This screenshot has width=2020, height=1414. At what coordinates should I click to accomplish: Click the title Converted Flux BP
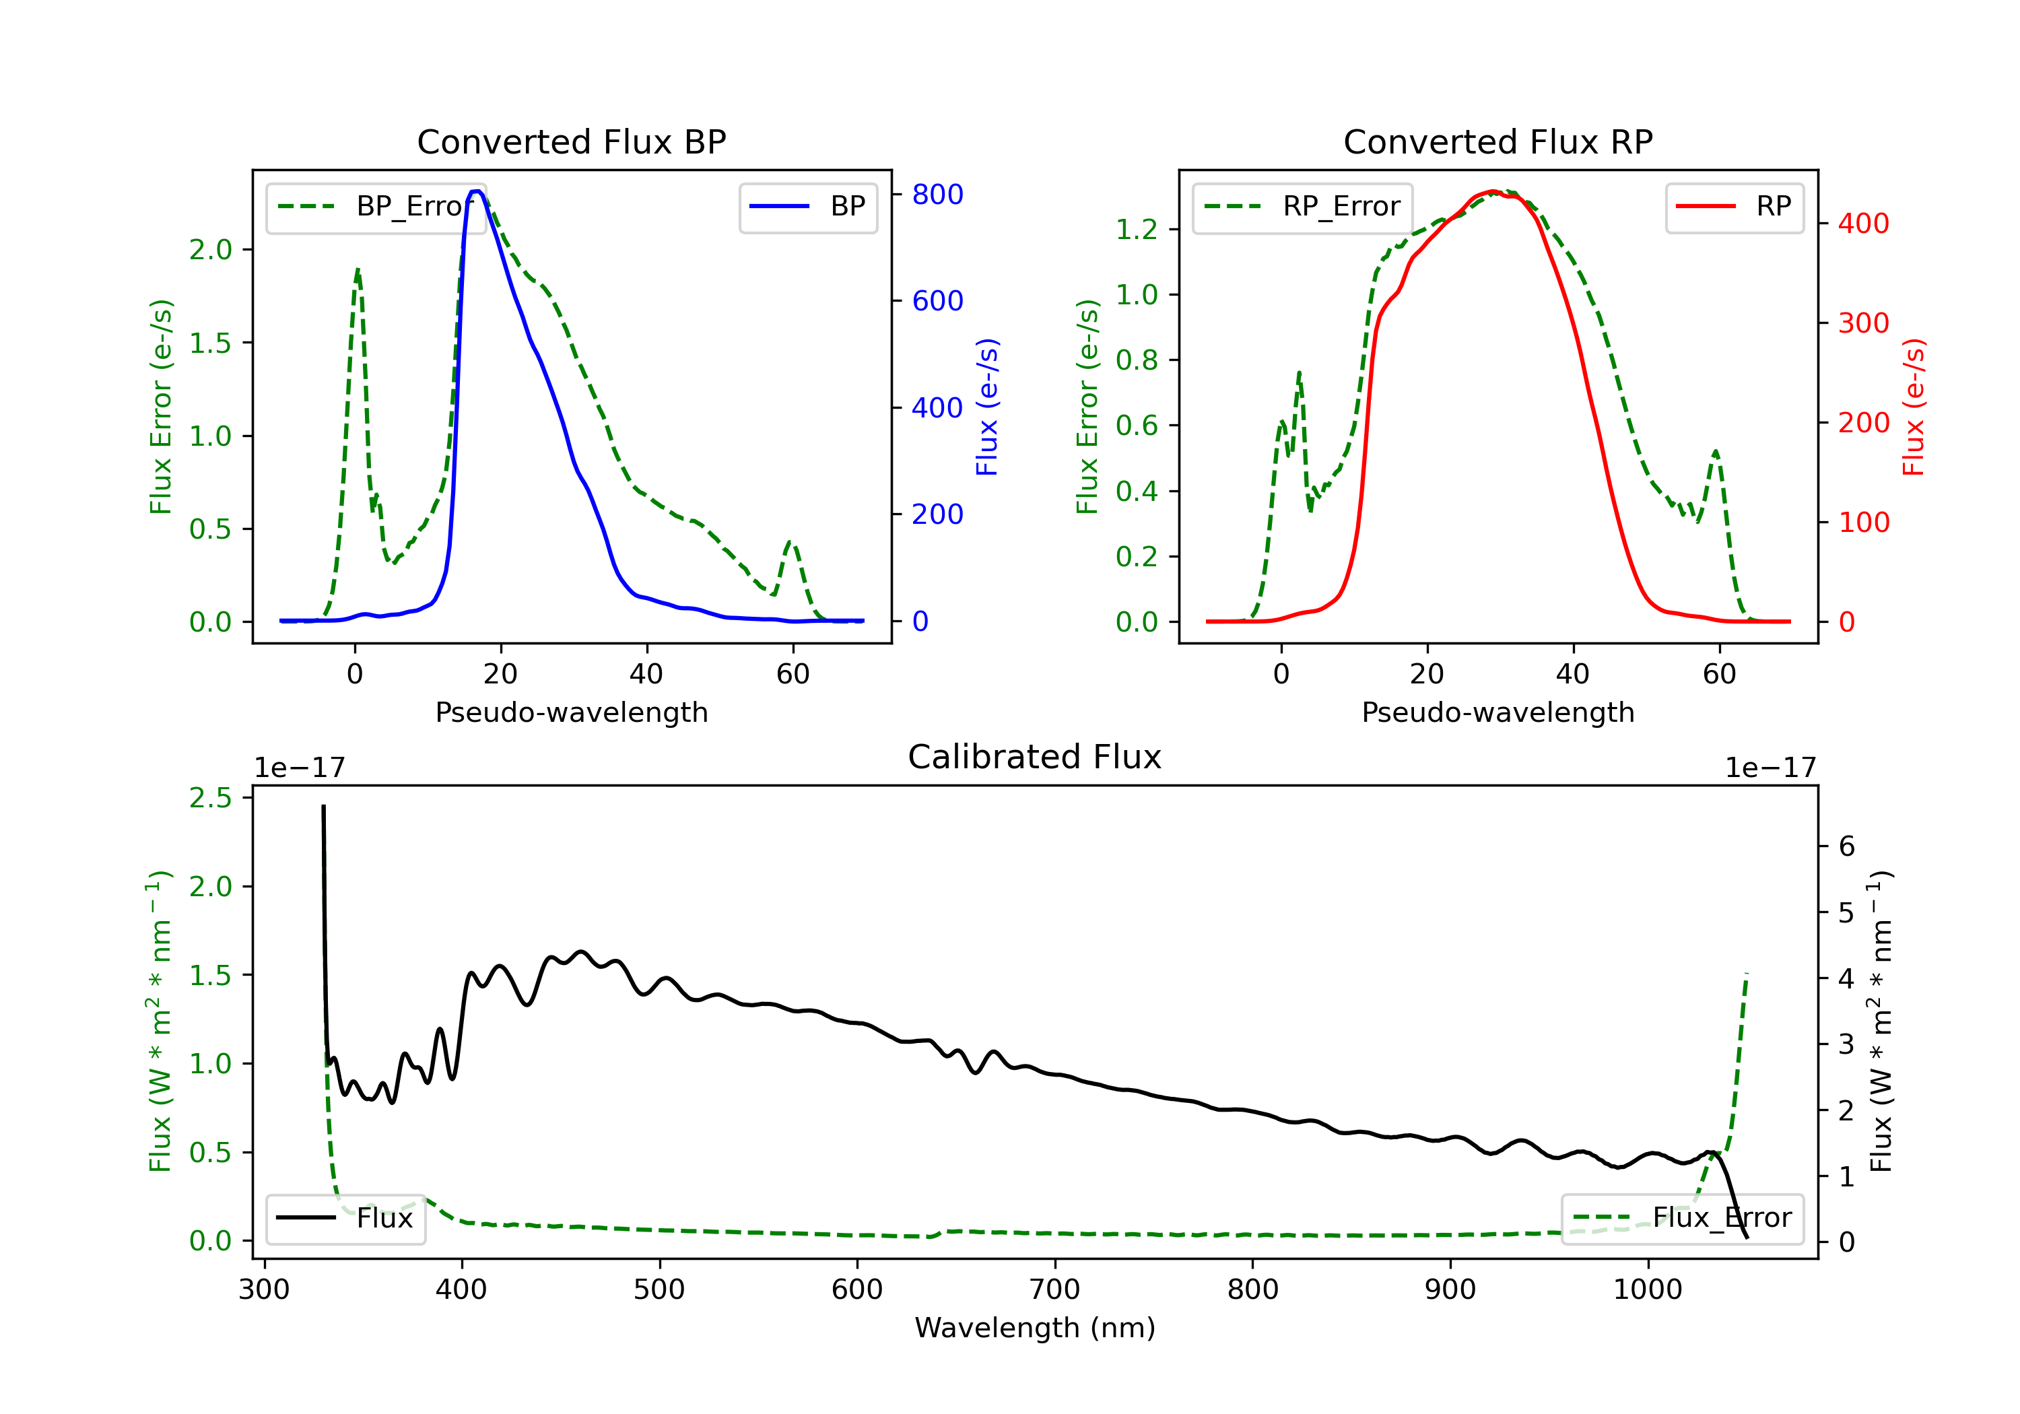click(x=571, y=141)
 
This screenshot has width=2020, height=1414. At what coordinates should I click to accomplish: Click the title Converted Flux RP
click(x=1497, y=141)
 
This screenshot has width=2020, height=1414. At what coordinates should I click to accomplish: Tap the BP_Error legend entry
click(x=376, y=207)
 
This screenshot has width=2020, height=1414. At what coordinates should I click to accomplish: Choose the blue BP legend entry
click(x=807, y=207)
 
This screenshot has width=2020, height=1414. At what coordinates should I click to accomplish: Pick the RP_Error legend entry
click(x=1302, y=207)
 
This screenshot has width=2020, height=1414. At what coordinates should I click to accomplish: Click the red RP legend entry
click(x=1734, y=207)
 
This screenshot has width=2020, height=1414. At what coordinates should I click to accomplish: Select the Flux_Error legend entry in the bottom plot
click(x=1682, y=1218)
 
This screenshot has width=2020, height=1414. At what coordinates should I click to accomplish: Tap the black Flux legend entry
click(x=346, y=1218)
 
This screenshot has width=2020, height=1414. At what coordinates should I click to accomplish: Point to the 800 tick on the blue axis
click(x=937, y=195)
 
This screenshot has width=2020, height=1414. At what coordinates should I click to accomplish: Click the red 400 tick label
click(x=1863, y=224)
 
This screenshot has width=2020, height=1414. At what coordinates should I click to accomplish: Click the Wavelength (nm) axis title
click(x=1035, y=1328)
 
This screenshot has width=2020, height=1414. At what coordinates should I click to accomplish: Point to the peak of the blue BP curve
click(x=476, y=191)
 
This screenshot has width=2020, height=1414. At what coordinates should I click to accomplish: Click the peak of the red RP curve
click(x=1492, y=192)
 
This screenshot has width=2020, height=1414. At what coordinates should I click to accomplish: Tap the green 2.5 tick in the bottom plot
click(x=210, y=798)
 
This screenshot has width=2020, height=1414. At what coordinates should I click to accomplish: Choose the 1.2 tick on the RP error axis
click(x=1137, y=230)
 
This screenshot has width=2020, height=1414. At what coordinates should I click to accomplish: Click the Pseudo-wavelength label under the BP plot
click(x=571, y=712)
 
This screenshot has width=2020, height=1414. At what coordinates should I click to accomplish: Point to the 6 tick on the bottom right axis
click(x=1847, y=846)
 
